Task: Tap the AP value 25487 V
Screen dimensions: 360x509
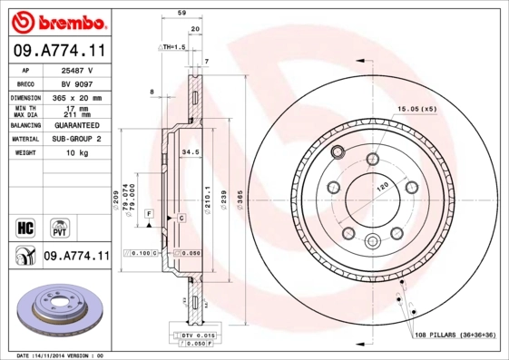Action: pyautogui.click(x=77, y=70)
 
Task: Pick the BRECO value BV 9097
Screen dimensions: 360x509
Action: pyautogui.click(x=77, y=83)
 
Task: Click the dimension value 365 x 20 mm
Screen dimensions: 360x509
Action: pyautogui.click(x=77, y=97)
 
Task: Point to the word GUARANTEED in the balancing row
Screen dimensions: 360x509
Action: pyautogui.click(x=77, y=125)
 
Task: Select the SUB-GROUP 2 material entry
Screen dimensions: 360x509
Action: pyautogui.click(x=77, y=139)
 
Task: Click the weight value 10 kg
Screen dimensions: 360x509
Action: pyautogui.click(x=77, y=153)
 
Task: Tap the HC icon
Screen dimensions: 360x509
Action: pyautogui.click(x=24, y=227)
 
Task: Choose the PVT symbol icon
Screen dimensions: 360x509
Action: pyautogui.click(x=58, y=227)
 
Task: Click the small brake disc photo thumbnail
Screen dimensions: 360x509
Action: pyautogui.click(x=56, y=310)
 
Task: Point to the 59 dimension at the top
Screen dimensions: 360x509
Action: pyautogui.click(x=181, y=14)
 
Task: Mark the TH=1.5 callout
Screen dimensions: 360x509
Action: pyautogui.click(x=172, y=46)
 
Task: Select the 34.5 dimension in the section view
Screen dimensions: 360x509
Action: pyautogui.click(x=191, y=152)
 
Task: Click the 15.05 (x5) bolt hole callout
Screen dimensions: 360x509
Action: pyautogui.click(x=415, y=109)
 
